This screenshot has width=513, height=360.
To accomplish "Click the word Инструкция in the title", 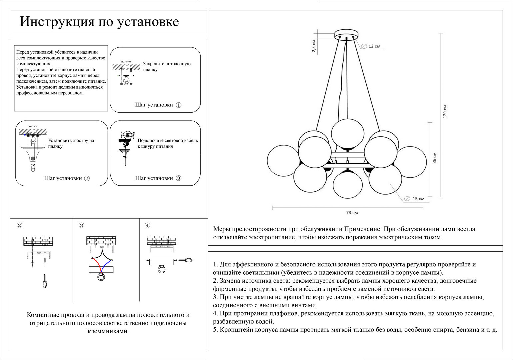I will tap(56, 22).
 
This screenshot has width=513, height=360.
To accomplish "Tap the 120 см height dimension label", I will tap(445, 112).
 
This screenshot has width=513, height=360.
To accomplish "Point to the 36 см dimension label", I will tap(434, 158).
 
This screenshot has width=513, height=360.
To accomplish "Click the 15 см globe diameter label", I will tap(418, 199).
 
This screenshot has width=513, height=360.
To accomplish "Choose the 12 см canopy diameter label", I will tap(374, 46).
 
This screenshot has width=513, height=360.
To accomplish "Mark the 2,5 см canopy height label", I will tap(314, 46).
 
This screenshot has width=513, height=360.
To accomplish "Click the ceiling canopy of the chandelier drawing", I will tap(346, 34).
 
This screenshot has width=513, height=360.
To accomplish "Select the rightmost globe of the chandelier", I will tap(411, 162).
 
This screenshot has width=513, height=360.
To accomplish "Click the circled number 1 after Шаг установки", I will tap(179, 105).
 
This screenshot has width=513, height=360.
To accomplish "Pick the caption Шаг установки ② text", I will tap(67, 178).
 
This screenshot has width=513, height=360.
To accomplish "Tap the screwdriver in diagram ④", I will tap(186, 260).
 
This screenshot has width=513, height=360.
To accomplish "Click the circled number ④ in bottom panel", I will tap(147, 225).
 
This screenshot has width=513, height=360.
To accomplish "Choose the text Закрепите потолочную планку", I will tap(167, 67).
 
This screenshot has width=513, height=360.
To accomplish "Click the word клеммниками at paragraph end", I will tap(108, 331).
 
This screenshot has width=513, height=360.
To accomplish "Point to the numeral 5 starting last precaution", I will tap(215, 330).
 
